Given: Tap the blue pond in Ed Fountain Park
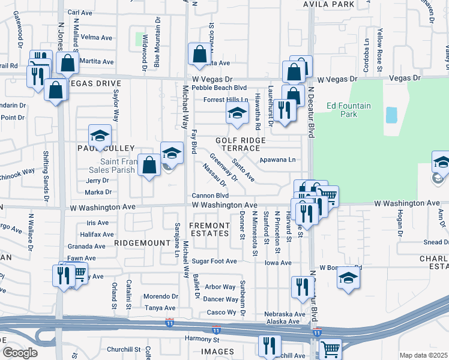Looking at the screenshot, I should pos(391,115).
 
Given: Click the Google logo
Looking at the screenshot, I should pos(20,353).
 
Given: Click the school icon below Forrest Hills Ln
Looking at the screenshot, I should pos(237,112).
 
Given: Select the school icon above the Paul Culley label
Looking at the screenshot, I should pos(100,134).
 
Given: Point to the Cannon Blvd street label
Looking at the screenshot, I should pos(210,196).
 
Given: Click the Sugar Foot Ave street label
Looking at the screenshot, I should pos(214,262).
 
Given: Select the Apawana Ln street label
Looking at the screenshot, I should pos(277,160).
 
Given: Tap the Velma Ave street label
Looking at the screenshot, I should pos(97,37).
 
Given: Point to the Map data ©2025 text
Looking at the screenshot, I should pos(423,355).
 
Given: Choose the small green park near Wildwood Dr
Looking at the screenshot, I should pos(143,40).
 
